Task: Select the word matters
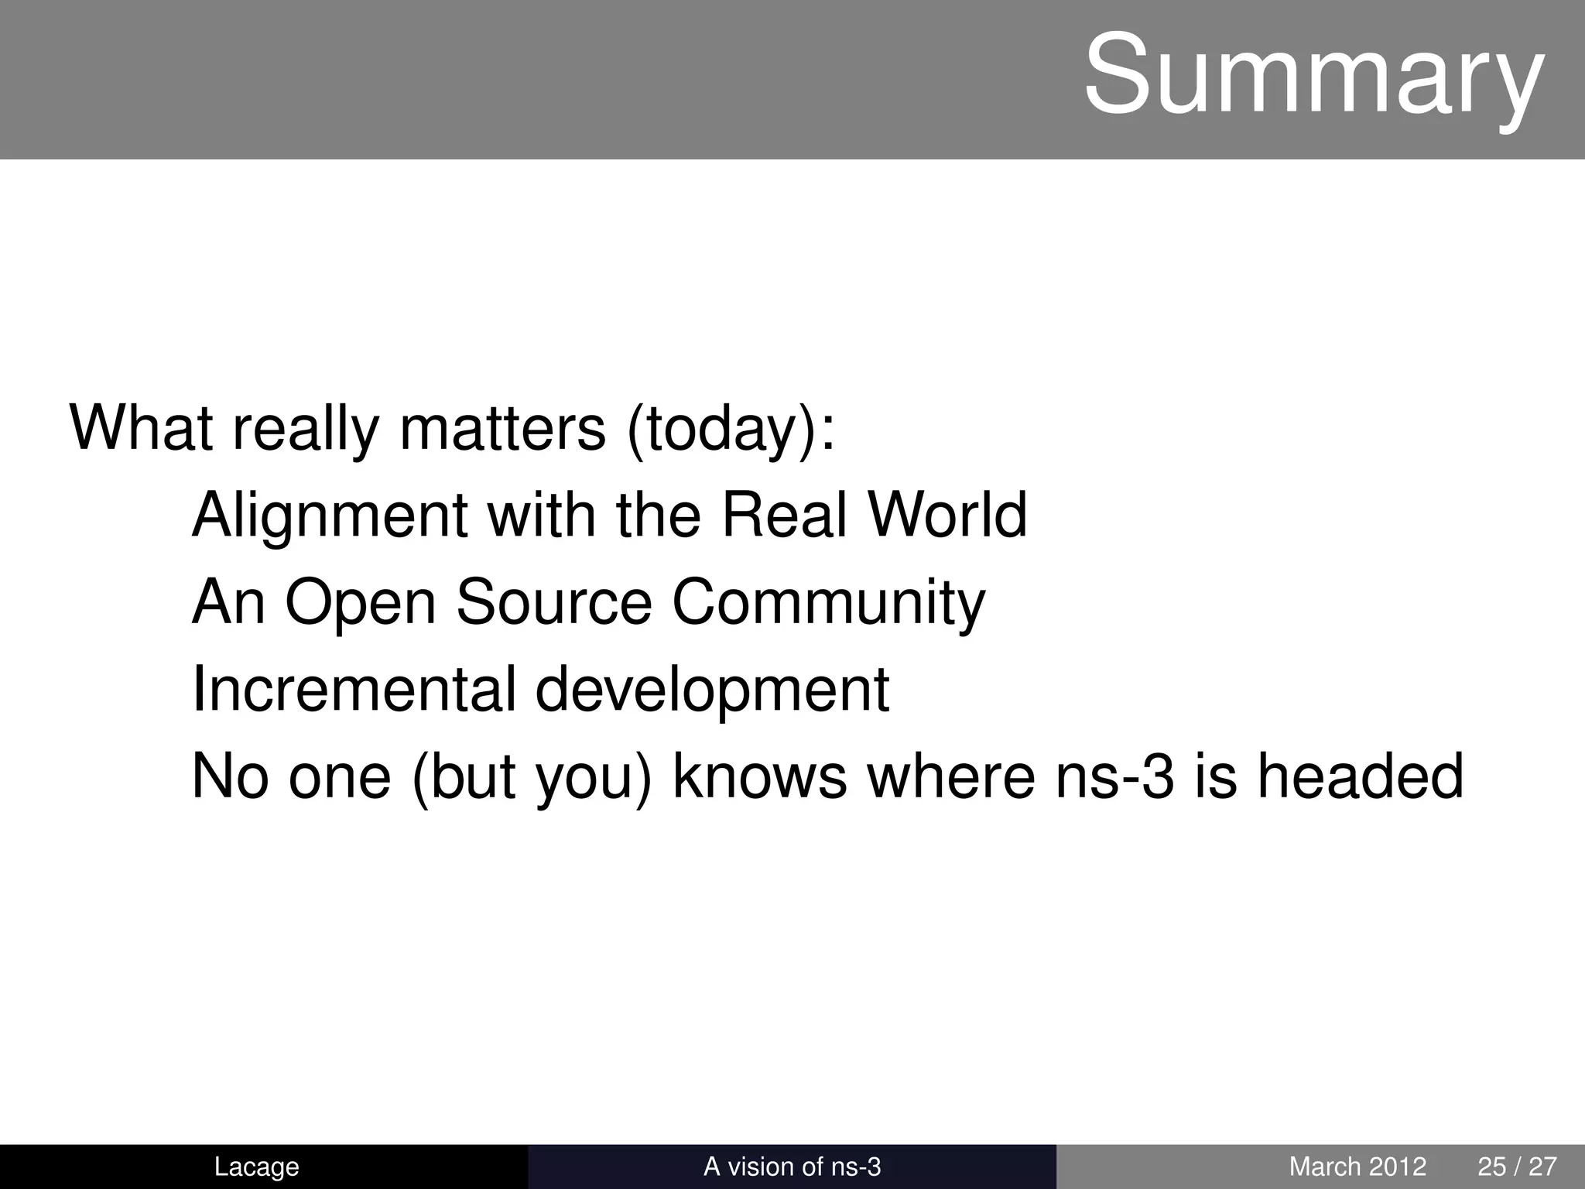coord(502,427)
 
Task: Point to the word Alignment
coord(330,516)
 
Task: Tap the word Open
coord(360,604)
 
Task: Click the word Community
coord(828,604)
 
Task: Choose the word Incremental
coord(354,689)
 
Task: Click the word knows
coord(759,776)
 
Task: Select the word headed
coord(1360,776)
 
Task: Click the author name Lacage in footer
coord(256,1167)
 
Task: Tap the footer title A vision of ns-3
coord(792,1167)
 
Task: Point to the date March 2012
coord(1357,1167)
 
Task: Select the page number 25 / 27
coord(1517,1167)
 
